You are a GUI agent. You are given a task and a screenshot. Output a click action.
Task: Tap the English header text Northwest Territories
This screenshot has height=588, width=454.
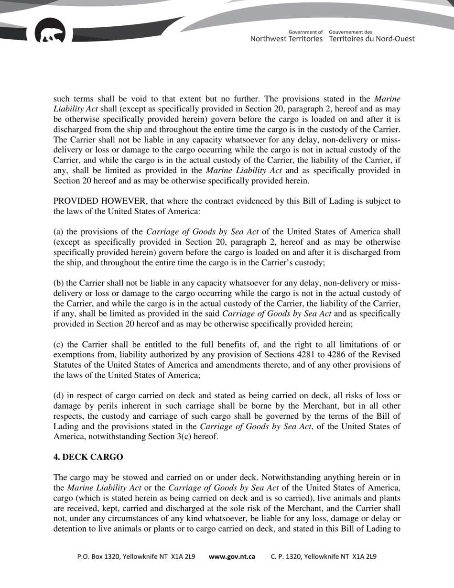286,39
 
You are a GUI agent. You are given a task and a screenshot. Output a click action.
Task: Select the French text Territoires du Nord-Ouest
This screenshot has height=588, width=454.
372,39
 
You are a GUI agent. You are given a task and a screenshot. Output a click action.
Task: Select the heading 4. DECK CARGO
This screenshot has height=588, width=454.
88,457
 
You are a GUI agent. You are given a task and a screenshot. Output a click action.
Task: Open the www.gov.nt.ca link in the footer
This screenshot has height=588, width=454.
232,557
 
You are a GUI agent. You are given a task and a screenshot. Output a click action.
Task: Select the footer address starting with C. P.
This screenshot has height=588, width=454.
324,557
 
